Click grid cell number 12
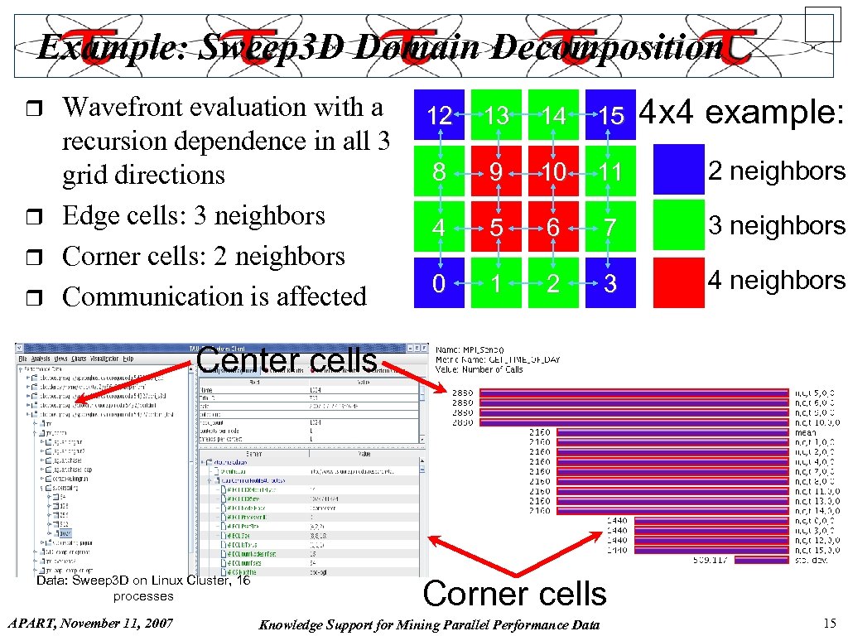coord(439,115)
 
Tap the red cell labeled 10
coord(554,171)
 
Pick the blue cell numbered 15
coord(611,115)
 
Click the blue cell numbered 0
coord(439,283)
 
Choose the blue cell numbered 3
coord(611,283)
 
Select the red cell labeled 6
coord(554,227)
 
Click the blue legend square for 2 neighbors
coord(678,170)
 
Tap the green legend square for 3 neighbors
coord(678,225)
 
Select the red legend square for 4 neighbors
coord(678,282)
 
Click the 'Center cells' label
coord(287,360)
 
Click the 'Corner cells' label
coord(514,593)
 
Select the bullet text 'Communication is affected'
coord(214,296)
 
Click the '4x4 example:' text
coord(743,112)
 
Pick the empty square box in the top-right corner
coord(822,24)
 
